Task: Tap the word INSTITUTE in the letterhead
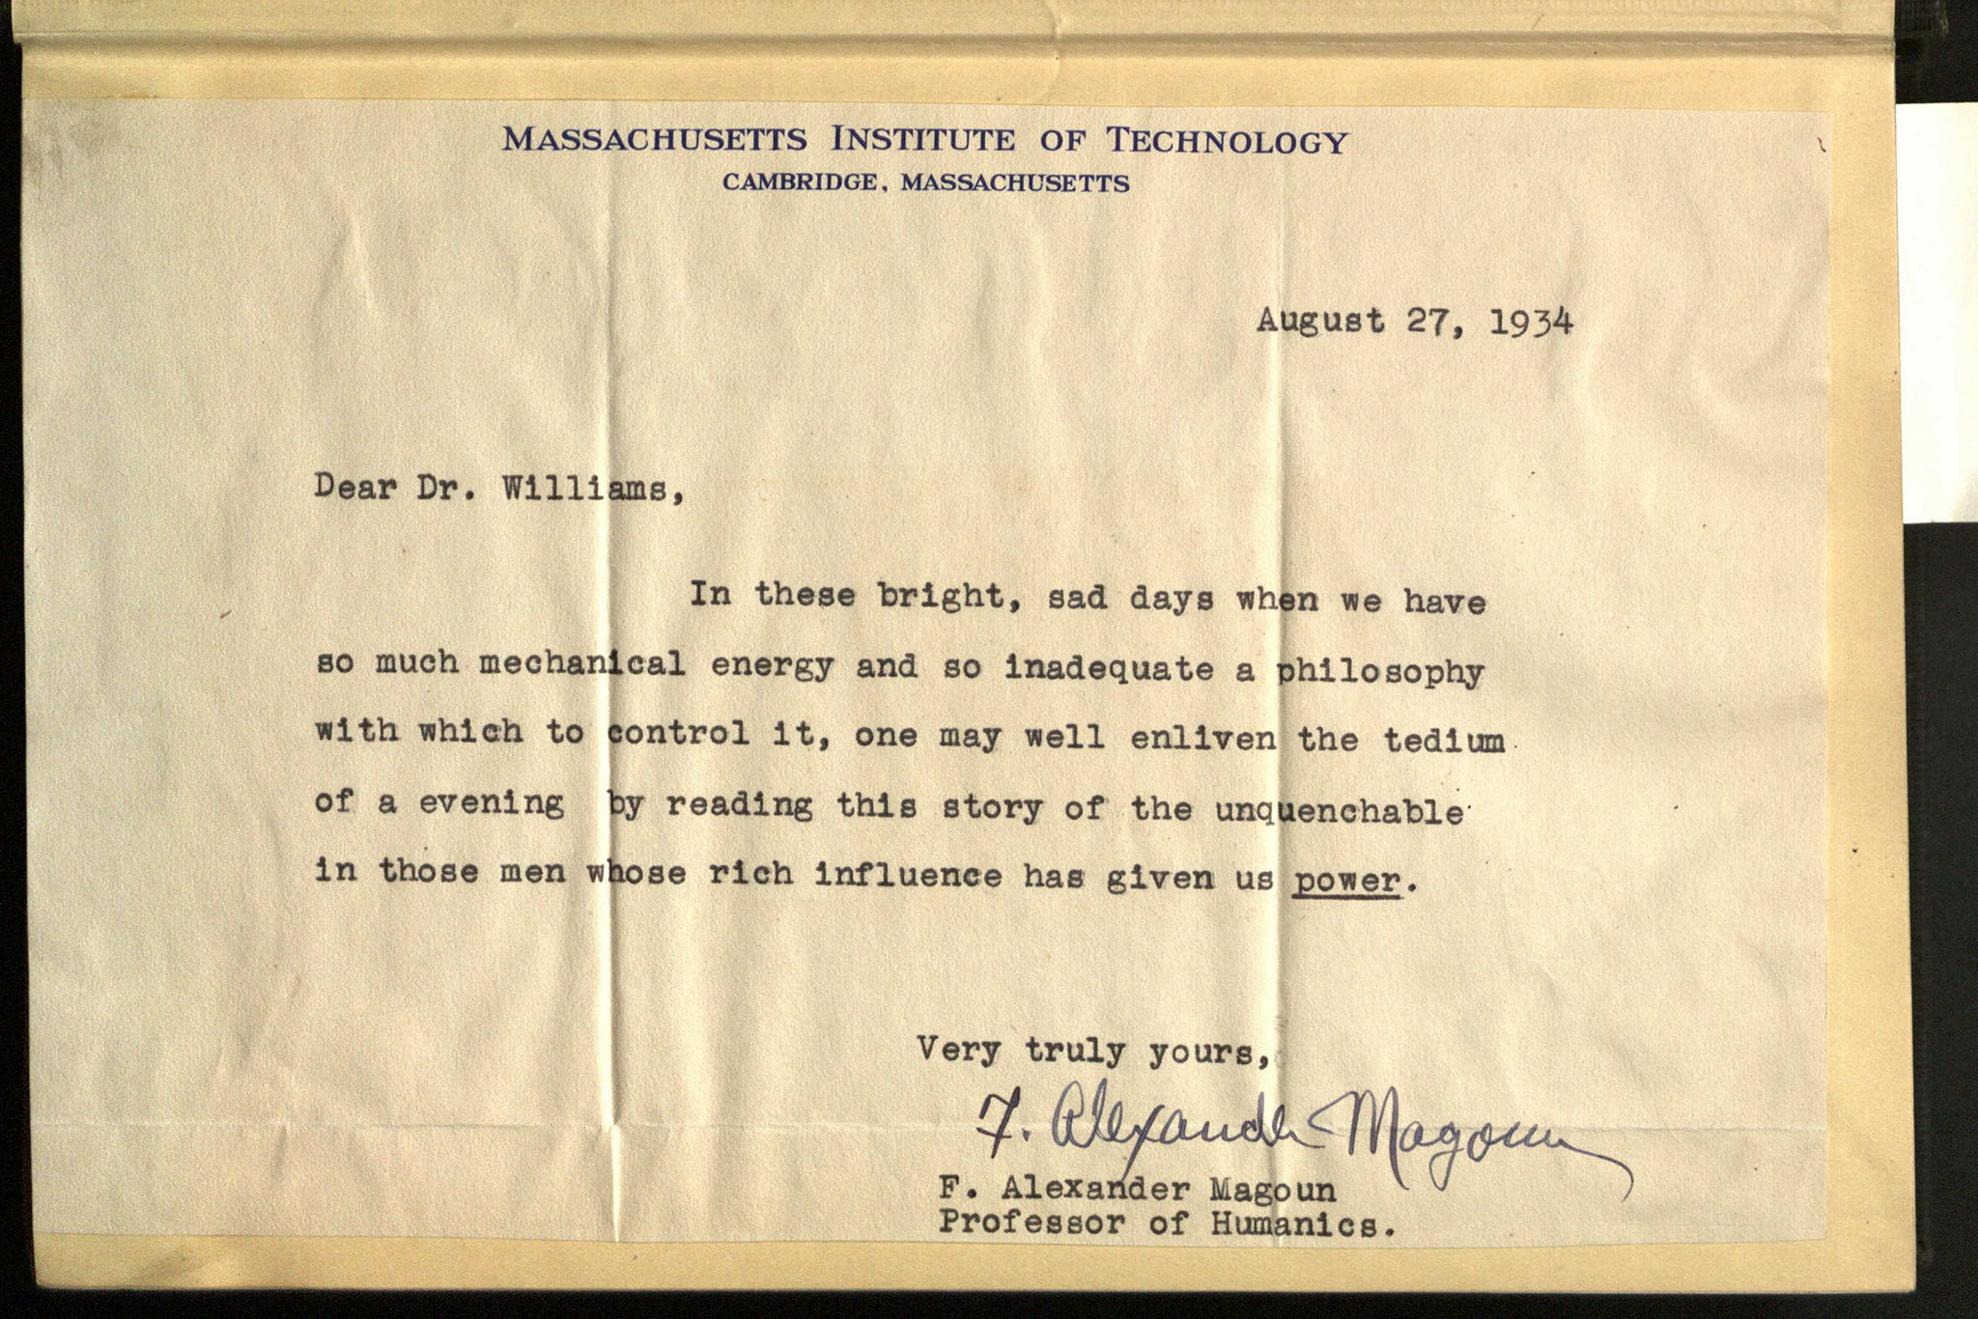(x=923, y=141)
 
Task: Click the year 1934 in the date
(x=1532, y=323)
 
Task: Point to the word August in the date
(x=1320, y=321)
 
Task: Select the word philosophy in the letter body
(x=1380, y=673)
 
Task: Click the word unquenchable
(x=1340, y=810)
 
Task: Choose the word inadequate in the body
(x=1109, y=668)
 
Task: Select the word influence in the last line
(x=908, y=874)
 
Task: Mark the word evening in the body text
(x=491, y=803)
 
